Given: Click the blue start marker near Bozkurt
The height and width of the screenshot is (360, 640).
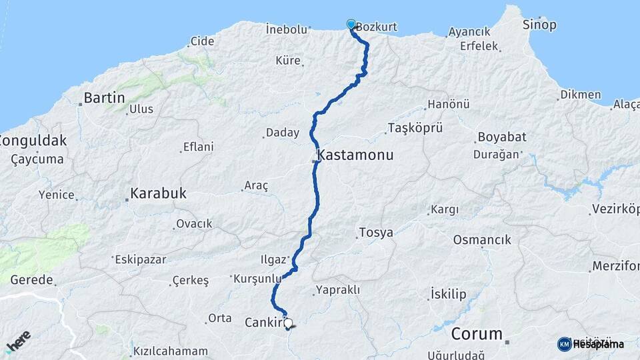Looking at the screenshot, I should pos(351,25).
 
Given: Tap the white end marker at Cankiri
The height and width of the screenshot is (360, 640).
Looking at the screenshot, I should pos(288,323).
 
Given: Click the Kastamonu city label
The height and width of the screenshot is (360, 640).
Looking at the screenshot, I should pos(356,155).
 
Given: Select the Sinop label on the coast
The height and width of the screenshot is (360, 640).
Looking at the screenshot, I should pos(539,25).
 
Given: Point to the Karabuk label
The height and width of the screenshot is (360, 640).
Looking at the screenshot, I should pos(158,194).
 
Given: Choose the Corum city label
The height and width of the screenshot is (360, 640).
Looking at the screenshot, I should pos(475,333).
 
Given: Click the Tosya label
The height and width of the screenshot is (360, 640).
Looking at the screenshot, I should pos(376,233).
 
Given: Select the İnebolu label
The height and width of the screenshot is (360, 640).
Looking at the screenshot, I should pos(286,29).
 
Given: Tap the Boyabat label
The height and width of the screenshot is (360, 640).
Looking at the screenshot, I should pos(501,137).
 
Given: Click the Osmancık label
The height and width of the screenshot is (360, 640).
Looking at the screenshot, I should pos(481,239).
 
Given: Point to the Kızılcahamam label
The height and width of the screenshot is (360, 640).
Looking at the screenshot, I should pos(171,351).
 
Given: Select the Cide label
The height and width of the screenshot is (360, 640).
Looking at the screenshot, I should pos(202,41).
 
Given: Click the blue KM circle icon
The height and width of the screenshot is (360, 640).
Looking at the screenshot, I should pos(564,344).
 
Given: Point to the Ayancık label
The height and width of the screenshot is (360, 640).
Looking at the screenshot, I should pos(469,32).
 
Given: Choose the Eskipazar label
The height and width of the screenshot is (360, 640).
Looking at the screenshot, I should pos(140,259).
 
